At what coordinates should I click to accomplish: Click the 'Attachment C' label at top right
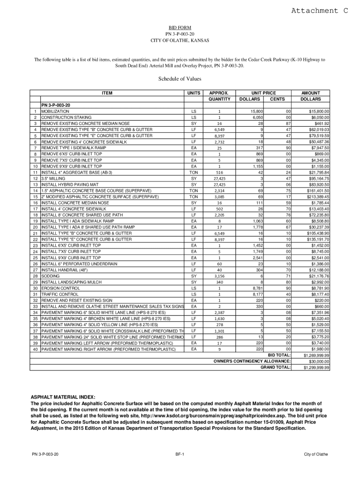[x=320, y=11]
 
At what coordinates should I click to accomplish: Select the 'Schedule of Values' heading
[x=180, y=79]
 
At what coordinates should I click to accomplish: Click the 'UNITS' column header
[x=194, y=93]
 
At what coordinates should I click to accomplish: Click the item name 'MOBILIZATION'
[x=55, y=111]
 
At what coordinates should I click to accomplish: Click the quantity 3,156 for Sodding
[x=219, y=276]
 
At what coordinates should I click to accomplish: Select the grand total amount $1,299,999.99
[x=317, y=368]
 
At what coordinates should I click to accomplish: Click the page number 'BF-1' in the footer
[x=180, y=454]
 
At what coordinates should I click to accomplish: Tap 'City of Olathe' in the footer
[x=316, y=454]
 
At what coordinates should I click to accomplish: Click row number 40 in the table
[x=35, y=349]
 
